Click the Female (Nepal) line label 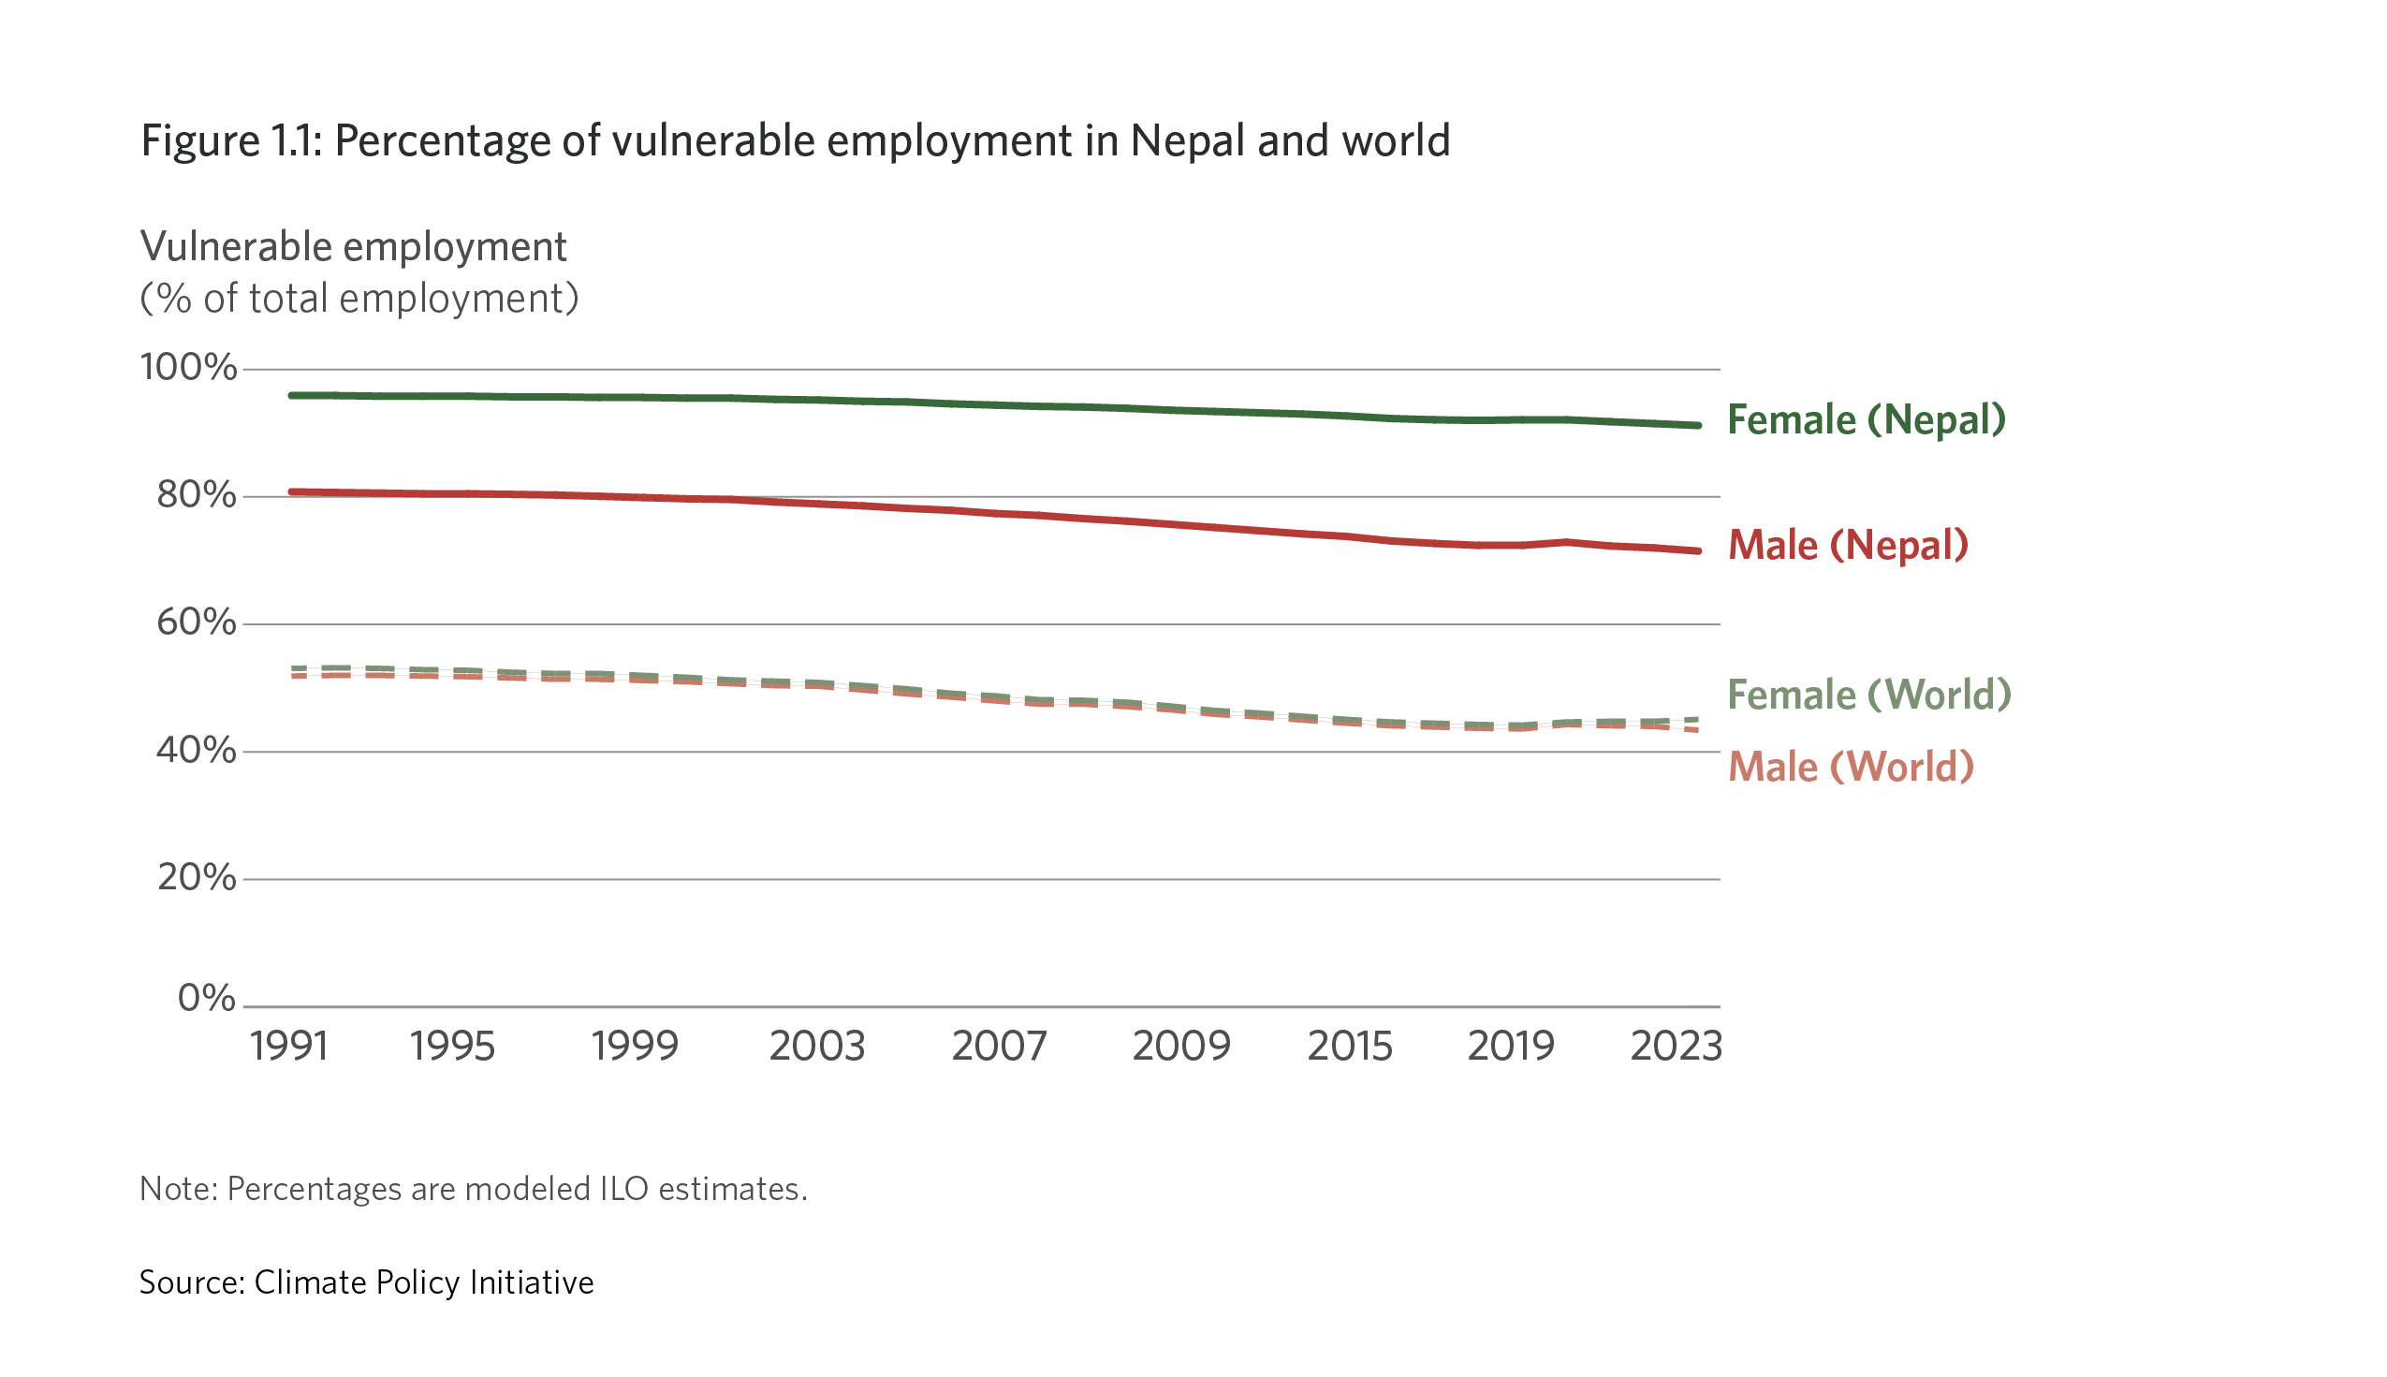(x=1865, y=420)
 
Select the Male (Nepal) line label (x=1847, y=546)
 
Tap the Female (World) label (x=1867, y=696)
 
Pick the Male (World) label (x=1850, y=767)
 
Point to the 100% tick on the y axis (x=188, y=368)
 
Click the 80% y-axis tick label (x=196, y=495)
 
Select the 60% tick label (x=196, y=623)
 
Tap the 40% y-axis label (x=196, y=751)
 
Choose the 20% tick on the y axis (x=196, y=879)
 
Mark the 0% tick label (x=206, y=999)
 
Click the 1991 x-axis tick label (x=289, y=1047)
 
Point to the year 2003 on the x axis (x=817, y=1047)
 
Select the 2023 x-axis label (x=1676, y=1047)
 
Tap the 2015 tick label (x=1350, y=1047)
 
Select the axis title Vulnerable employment (x=353, y=247)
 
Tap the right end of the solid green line (x=1699, y=426)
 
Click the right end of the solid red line (x=1699, y=551)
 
